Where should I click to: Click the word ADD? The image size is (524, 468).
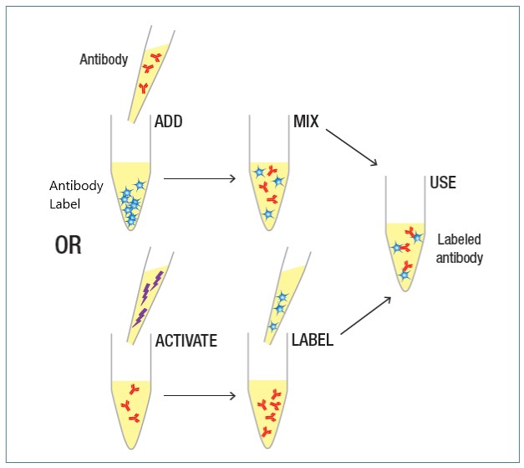[169, 121]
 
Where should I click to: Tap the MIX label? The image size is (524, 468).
[306, 121]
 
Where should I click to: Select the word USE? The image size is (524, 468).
[443, 183]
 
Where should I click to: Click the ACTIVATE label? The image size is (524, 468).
[186, 341]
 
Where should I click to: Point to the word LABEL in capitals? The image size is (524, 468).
[313, 340]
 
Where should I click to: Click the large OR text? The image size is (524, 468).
[69, 245]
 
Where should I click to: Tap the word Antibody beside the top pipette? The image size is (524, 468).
[104, 59]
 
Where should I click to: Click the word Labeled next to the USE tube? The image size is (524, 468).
[459, 239]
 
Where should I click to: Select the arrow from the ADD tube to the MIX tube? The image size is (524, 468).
[200, 179]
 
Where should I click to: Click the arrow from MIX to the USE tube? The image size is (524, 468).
[352, 147]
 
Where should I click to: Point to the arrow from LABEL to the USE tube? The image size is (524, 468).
[366, 316]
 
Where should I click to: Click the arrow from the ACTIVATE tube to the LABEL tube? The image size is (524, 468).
[200, 396]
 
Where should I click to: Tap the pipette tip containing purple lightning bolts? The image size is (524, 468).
[150, 296]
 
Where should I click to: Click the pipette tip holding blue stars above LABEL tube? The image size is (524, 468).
[287, 296]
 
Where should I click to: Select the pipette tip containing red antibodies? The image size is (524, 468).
[151, 75]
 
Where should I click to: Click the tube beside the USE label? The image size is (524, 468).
[405, 234]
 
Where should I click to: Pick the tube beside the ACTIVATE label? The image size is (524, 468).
[131, 392]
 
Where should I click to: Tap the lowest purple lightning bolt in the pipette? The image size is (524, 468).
[140, 317]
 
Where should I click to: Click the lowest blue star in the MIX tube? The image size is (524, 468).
[268, 213]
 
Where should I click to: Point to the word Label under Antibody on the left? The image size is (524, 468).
[65, 204]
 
